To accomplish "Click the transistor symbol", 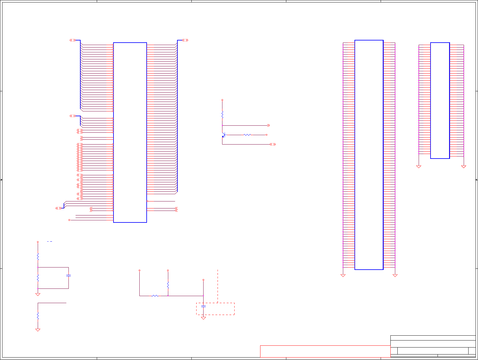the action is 223,135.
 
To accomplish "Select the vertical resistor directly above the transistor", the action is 222,115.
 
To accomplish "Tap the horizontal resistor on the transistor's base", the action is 247,135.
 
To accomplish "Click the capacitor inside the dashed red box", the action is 203,306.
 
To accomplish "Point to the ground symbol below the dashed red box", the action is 203,318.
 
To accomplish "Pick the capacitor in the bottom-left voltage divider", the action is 68,275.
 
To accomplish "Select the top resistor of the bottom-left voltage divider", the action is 38,257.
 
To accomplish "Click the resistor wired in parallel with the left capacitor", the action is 38,278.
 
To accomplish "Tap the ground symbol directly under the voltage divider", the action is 38,294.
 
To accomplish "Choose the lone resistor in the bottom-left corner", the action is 38,316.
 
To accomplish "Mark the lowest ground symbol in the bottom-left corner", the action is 38,330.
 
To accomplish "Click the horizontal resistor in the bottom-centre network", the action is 155,295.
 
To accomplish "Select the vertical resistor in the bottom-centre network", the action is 168,285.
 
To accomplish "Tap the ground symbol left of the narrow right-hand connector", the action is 419,166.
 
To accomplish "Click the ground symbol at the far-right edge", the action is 464,166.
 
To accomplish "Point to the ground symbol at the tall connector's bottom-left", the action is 343,275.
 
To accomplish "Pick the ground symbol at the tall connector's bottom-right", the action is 395,275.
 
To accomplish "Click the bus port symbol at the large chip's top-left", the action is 72,40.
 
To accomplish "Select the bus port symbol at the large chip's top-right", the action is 185,40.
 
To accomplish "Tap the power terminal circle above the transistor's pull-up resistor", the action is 222,100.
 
